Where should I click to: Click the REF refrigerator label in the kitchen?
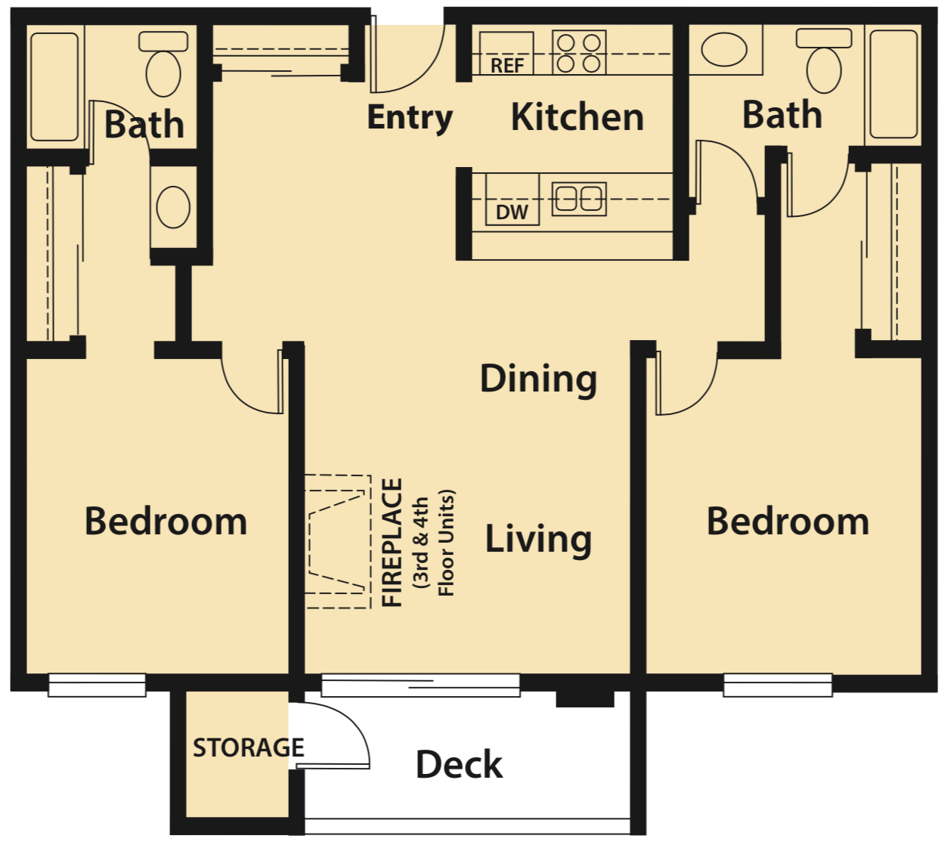click(x=506, y=66)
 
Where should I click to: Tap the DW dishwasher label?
click(x=511, y=212)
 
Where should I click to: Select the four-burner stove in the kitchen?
click(x=579, y=52)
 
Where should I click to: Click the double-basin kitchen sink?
click(x=579, y=200)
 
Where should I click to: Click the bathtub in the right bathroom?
click(x=894, y=84)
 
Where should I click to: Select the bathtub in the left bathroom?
click(x=54, y=86)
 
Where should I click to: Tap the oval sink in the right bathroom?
click(x=724, y=50)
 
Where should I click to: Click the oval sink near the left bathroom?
click(x=173, y=207)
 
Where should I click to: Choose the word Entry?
click(x=409, y=118)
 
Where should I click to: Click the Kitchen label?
click(x=578, y=118)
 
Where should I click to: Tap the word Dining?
click(x=538, y=379)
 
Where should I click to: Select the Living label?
click(x=538, y=539)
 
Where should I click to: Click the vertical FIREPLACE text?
click(x=392, y=542)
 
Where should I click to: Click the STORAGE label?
click(x=248, y=747)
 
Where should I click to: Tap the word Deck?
click(x=459, y=764)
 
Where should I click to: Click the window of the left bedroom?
click(x=97, y=685)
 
